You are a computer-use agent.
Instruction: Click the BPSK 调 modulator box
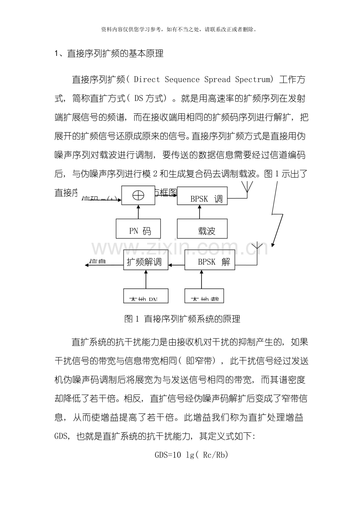pyautogui.click(x=202, y=195)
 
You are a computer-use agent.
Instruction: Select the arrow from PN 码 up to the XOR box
pyautogui.click(x=139, y=212)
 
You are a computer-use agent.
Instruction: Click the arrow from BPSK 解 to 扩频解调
pyautogui.click(x=176, y=265)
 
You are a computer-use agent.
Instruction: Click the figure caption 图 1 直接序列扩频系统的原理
pyautogui.click(x=182, y=319)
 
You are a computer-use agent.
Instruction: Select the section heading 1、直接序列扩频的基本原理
pyautogui.click(x=109, y=54)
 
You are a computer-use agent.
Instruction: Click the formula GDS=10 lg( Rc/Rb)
pyautogui.click(x=191, y=455)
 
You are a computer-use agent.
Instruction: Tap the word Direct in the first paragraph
pyautogui.click(x=147, y=79)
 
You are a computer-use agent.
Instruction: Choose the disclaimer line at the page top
pyautogui.click(x=180, y=29)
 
